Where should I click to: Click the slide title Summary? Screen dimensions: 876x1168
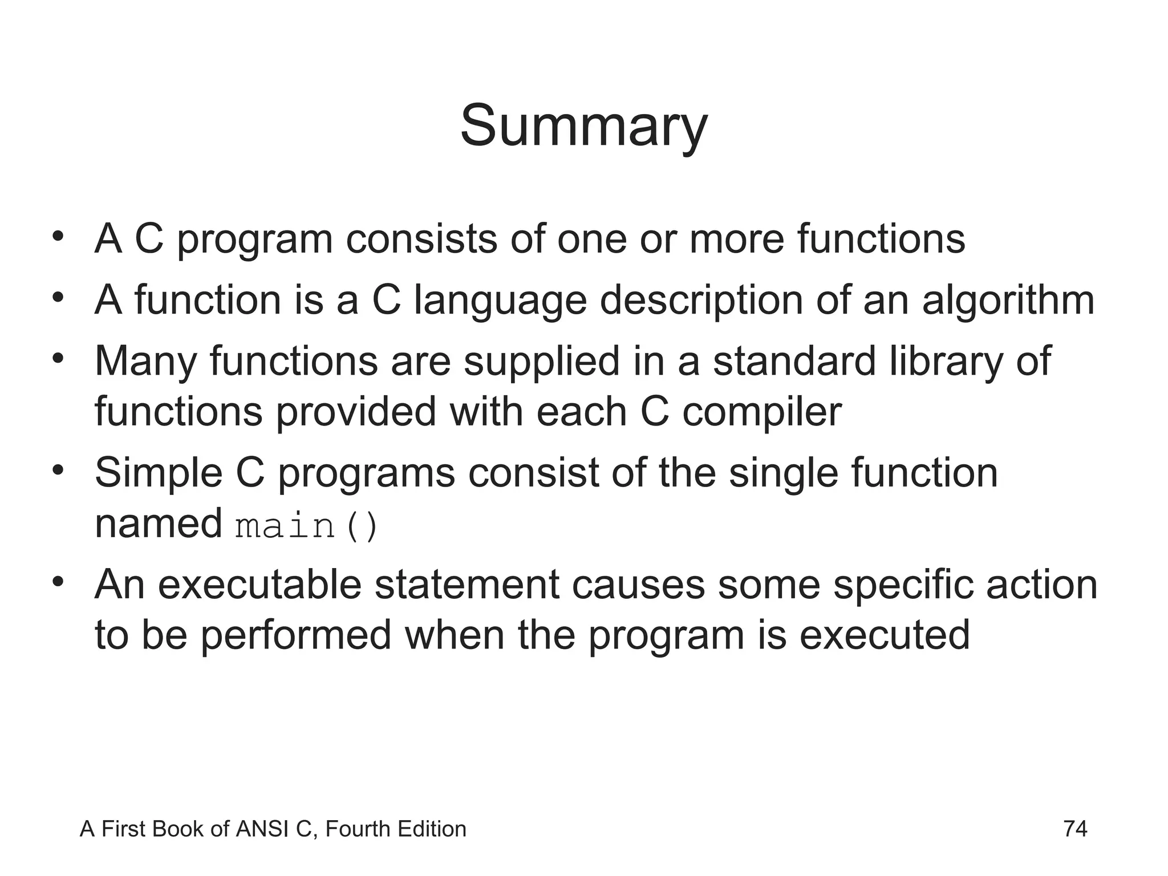tap(583, 127)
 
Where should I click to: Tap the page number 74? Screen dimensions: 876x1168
tap(1075, 829)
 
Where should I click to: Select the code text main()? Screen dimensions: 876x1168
tap(306, 526)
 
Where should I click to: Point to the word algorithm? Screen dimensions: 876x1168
tap(1008, 301)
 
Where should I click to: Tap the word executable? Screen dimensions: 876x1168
tap(259, 585)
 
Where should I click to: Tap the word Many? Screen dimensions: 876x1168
tap(145, 363)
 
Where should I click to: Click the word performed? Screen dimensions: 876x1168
tap(296, 636)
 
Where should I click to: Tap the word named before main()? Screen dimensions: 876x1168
tap(158, 524)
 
